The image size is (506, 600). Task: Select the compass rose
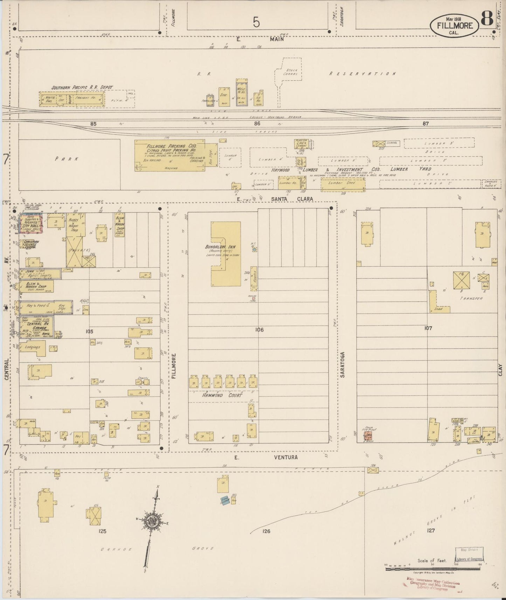point(153,521)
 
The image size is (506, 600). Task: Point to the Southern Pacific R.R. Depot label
point(82,88)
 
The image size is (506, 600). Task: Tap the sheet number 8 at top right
point(487,18)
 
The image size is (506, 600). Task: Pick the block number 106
point(259,330)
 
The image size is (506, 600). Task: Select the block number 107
point(428,328)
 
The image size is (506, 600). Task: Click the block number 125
point(102,531)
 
